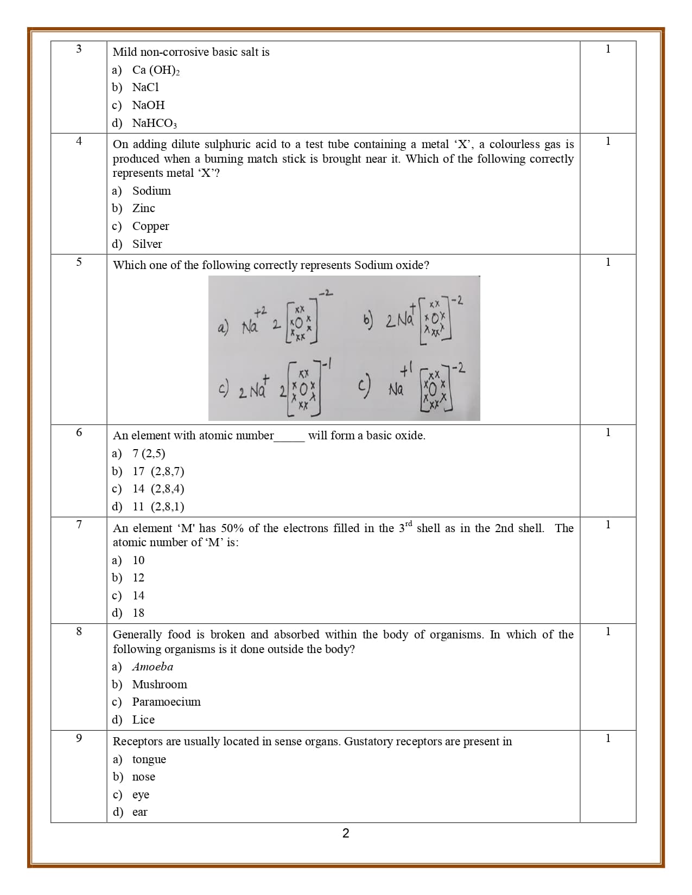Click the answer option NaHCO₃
(x=155, y=123)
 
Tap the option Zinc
(x=143, y=208)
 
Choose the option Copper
(x=150, y=226)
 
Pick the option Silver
(x=147, y=244)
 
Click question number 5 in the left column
(x=79, y=262)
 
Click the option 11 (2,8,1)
(x=158, y=507)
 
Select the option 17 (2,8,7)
(x=158, y=471)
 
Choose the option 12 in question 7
(x=138, y=578)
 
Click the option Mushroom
(x=160, y=685)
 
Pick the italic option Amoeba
(x=153, y=667)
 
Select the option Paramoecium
(x=166, y=702)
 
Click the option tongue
(x=149, y=759)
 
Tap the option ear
(x=139, y=812)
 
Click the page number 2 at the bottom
(x=346, y=833)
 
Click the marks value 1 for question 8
(x=608, y=631)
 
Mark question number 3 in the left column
(x=79, y=49)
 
